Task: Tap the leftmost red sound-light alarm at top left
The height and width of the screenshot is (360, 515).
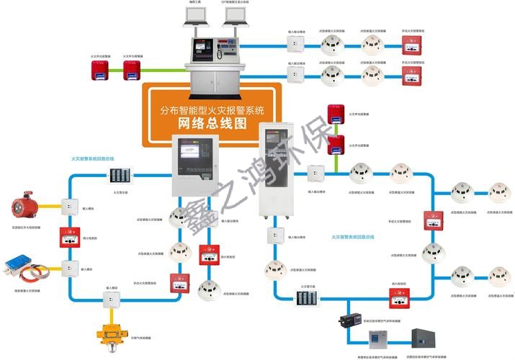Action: coord(97,69)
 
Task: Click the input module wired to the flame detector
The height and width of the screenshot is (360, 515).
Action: coord(69,207)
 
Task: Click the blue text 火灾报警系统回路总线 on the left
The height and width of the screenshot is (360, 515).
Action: coord(92,158)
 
